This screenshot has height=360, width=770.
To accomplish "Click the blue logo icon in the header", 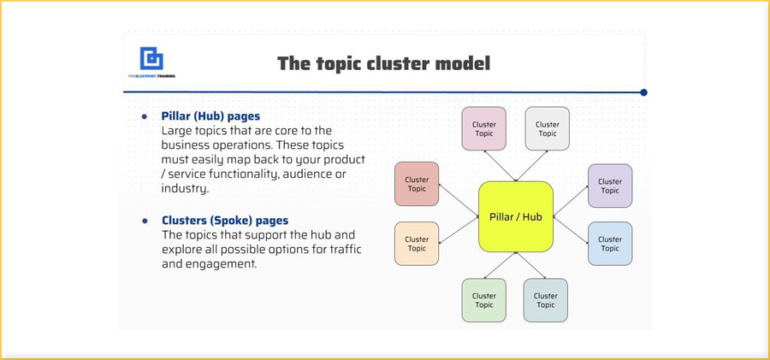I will point(151,58).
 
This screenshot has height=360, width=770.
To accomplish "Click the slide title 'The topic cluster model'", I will point(383,63).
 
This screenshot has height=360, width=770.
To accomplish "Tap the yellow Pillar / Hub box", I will point(515,216).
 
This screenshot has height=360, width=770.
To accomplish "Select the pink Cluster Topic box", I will point(484,129).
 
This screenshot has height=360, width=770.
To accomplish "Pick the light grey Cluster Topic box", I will point(547,129).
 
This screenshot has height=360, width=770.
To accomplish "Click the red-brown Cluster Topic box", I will point(417,185).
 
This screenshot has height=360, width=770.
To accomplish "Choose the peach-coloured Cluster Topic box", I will point(417,244).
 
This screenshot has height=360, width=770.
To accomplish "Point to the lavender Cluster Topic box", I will point(610,186).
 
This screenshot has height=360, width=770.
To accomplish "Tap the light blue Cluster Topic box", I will point(610,244).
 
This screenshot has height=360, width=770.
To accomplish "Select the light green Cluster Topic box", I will point(484,300).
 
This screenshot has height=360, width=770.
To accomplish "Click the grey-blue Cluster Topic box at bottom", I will point(546,300).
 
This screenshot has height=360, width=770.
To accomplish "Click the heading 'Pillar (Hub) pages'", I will point(210,116).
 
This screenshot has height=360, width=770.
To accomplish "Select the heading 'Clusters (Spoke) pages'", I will point(225,221).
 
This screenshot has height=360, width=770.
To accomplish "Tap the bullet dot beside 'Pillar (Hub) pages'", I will point(144,116).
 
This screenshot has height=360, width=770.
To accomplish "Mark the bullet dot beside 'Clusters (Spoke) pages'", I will point(144,221).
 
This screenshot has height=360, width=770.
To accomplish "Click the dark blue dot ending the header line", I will point(643,92).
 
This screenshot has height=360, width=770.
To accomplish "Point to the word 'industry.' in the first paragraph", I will point(185,189).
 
